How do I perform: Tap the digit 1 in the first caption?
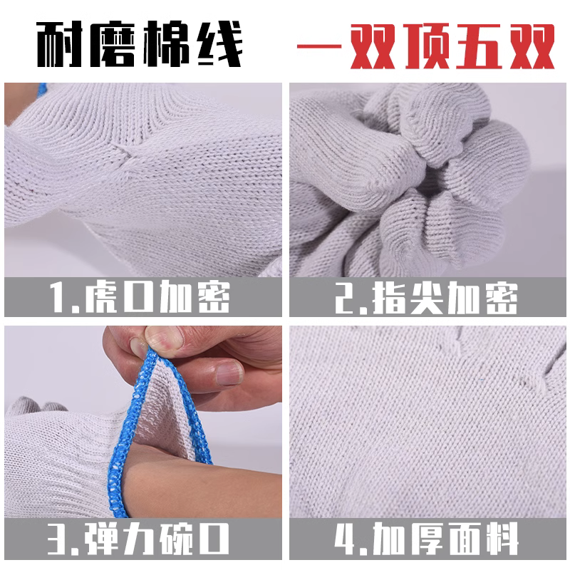[59, 298]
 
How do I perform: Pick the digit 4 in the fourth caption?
[348, 537]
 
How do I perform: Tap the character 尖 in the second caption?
[432, 298]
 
